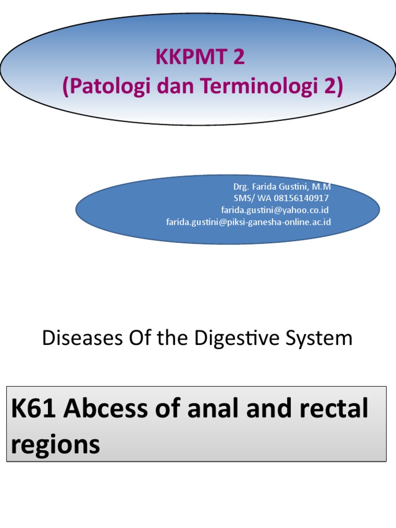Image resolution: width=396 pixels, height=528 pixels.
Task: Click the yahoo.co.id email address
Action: [275, 210]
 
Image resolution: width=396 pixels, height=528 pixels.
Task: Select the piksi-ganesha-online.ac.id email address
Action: [248, 222]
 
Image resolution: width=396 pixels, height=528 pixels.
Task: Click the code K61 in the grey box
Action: [31, 409]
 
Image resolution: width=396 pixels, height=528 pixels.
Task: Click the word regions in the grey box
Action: [55, 444]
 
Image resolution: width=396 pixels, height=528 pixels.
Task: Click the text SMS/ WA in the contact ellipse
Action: [247, 199]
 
